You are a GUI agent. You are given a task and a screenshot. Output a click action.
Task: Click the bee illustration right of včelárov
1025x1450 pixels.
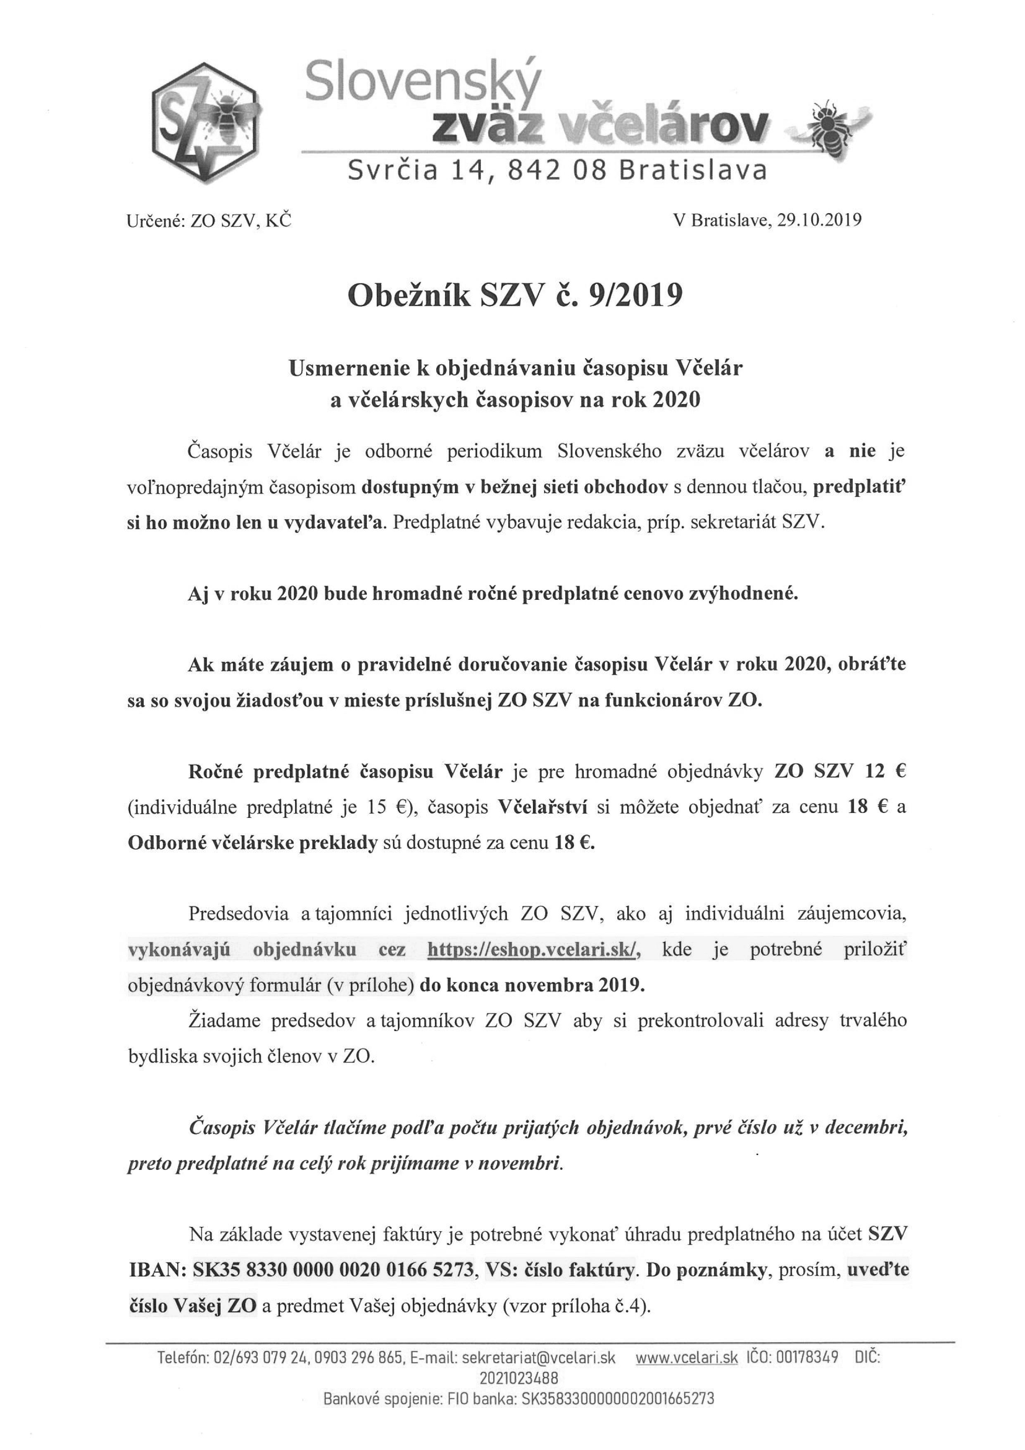point(829,126)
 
